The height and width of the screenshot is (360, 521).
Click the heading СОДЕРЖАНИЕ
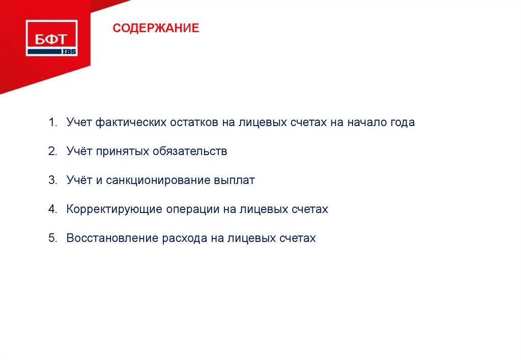click(156, 27)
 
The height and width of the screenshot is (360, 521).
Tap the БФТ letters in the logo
click(51, 39)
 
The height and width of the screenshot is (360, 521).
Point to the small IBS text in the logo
click(69, 51)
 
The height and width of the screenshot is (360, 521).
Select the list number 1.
click(52, 123)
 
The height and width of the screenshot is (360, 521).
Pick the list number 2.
click(52, 152)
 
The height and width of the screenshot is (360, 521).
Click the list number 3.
click(52, 181)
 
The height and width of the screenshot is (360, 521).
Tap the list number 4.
click(52, 209)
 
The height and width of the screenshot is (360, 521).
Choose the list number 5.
click(52, 238)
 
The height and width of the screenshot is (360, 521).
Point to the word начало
click(366, 123)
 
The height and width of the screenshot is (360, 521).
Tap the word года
click(402, 123)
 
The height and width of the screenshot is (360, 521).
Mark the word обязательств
click(190, 152)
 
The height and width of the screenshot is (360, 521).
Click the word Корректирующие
click(114, 209)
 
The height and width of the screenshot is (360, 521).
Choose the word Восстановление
click(112, 238)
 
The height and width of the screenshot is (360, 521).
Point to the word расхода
click(184, 238)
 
